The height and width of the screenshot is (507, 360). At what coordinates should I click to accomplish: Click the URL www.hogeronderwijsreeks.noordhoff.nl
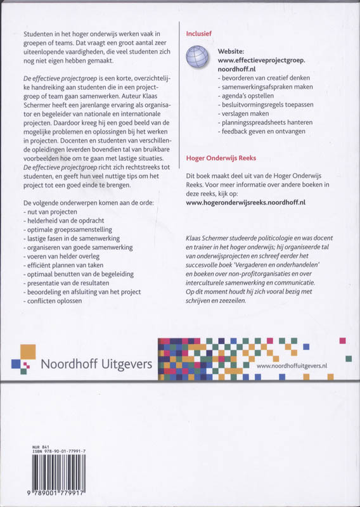pyautogui.click(x=246, y=202)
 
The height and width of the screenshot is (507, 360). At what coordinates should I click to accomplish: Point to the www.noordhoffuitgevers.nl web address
pyautogui.click(x=292, y=366)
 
